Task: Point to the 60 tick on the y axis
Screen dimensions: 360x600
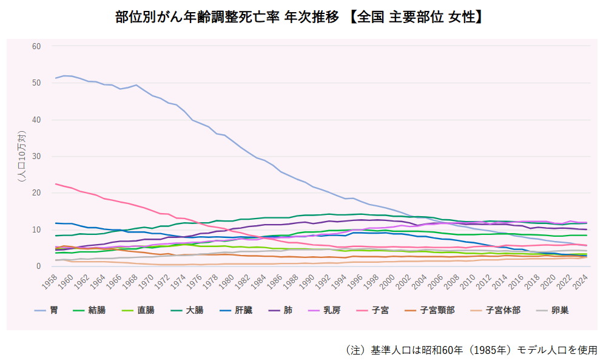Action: (36, 46)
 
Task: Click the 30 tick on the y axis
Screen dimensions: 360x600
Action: (36, 157)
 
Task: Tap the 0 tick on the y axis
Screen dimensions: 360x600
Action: (38, 267)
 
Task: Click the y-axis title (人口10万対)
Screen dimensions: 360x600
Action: (22, 156)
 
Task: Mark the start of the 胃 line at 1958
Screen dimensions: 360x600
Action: (56, 78)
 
